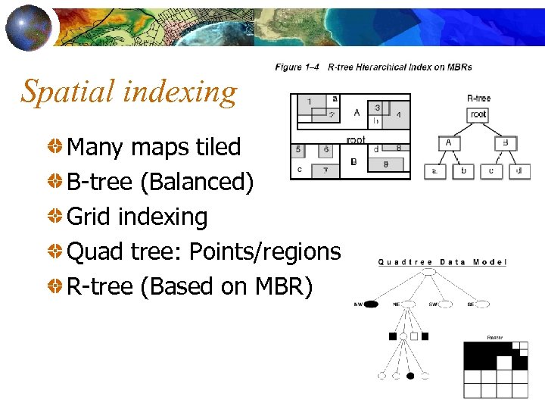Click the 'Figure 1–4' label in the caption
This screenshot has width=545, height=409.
(x=298, y=67)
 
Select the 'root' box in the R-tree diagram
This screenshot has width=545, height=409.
(x=478, y=115)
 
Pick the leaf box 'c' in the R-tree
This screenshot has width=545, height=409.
(x=491, y=171)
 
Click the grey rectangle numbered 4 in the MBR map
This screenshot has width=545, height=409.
(x=397, y=114)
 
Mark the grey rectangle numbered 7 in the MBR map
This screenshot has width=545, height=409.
(x=324, y=170)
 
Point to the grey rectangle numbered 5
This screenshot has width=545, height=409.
(x=300, y=150)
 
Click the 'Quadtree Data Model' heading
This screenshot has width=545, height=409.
(x=442, y=262)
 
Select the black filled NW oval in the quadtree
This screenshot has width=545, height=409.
(x=370, y=305)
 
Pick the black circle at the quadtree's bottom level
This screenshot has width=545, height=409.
(x=410, y=376)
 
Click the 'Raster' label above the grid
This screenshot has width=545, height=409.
(x=495, y=338)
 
